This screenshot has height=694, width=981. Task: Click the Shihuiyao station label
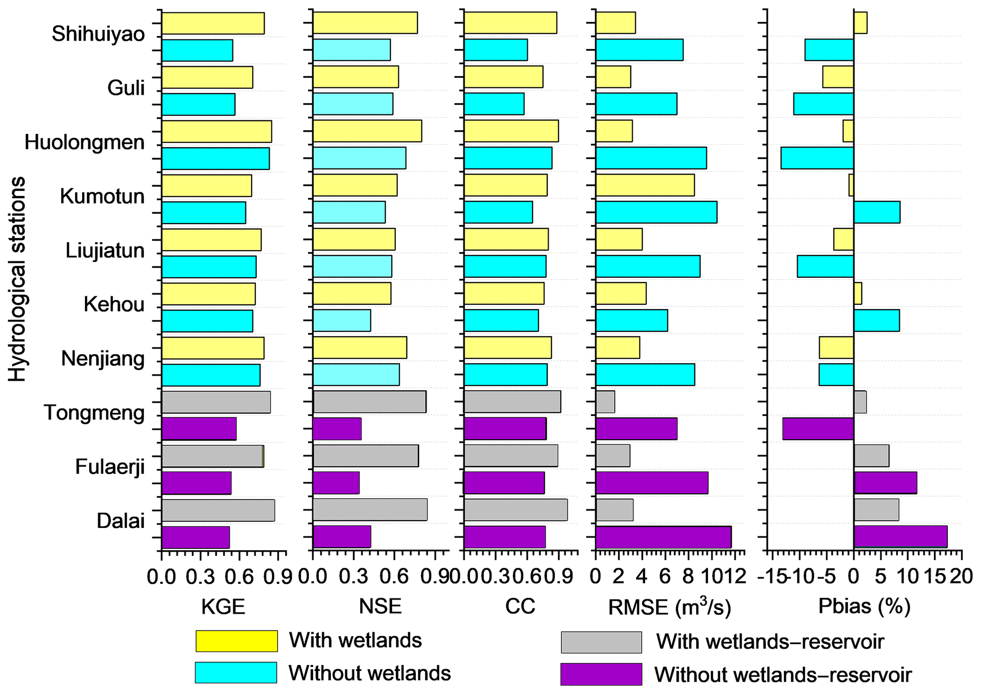pos(98,34)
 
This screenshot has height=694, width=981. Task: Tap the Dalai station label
pos(121,521)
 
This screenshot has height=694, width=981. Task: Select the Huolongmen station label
pos(84,142)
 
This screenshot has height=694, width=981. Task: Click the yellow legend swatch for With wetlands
pos(236,641)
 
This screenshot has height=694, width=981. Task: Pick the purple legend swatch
pos(601,674)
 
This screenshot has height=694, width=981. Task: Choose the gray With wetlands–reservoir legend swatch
pos(601,642)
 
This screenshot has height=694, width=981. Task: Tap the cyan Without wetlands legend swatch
pos(236,673)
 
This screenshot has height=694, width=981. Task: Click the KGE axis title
pos(223,607)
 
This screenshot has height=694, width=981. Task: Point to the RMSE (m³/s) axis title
pos(670,607)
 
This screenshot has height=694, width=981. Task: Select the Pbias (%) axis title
pos(864,607)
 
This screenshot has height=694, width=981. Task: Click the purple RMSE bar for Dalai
pos(663,537)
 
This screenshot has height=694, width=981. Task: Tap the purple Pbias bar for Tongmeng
pos(818,429)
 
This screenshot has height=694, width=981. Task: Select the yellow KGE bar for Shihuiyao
pos(213,23)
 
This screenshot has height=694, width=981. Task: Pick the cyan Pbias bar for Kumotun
pos(877,212)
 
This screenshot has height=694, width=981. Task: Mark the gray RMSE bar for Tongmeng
pos(605,402)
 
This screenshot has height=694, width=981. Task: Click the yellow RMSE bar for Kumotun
pos(645,185)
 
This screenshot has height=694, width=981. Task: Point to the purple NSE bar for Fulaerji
pos(336,483)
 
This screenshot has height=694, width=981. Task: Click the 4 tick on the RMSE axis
pos(642,577)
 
